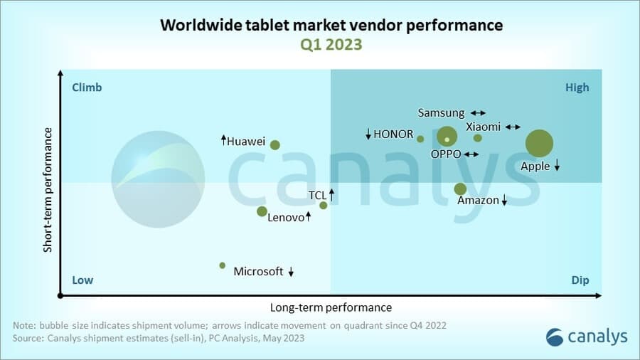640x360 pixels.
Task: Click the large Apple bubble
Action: coord(539,143)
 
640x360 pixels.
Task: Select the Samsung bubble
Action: coord(447,136)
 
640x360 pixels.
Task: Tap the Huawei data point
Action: coord(275,145)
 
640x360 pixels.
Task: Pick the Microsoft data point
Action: coord(223,265)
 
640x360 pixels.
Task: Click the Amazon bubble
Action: coord(460,189)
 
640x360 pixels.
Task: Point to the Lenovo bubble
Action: coord(262,211)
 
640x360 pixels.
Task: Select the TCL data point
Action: coord(324,206)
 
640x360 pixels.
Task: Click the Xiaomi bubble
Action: coord(478,138)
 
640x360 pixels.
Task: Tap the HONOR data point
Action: coord(420,139)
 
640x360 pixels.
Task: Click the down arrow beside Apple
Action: coord(558,166)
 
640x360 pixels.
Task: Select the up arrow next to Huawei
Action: coord(223,140)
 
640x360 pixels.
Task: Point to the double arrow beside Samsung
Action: coord(478,113)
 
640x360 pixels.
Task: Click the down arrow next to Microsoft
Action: coord(291,272)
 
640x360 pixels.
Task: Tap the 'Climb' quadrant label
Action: coord(87,88)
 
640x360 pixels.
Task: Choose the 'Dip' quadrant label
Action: coord(580,280)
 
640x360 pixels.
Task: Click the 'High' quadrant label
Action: coord(577,88)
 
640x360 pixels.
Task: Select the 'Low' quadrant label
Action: coord(82,280)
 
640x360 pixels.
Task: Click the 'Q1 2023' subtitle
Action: coord(331,44)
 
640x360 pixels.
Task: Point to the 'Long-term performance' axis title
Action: coord(331,308)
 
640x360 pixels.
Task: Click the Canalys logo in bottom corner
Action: coord(587,337)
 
